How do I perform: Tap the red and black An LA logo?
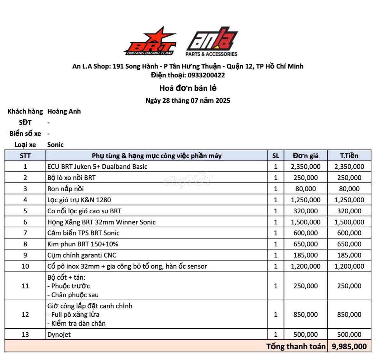[212, 41]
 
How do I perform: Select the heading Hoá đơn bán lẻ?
[188, 88]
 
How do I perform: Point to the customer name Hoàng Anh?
[64, 111]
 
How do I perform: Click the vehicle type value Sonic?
[55, 144]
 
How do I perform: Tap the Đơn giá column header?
[306, 155]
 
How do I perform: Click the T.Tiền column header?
[349, 155]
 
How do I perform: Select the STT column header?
[25, 155]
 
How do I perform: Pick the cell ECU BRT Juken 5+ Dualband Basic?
[97, 167]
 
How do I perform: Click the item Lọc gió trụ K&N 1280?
[79, 200]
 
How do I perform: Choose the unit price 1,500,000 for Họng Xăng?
[306, 222]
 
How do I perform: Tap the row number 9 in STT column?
[25, 255]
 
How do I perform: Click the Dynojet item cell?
[59, 335]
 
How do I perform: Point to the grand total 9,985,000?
[349, 346]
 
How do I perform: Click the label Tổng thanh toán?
[296, 346]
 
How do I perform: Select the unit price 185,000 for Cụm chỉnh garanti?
[306, 255]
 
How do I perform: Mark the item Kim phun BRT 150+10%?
[83, 244]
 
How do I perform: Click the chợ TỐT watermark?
[188, 180]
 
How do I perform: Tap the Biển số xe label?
[25, 133]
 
